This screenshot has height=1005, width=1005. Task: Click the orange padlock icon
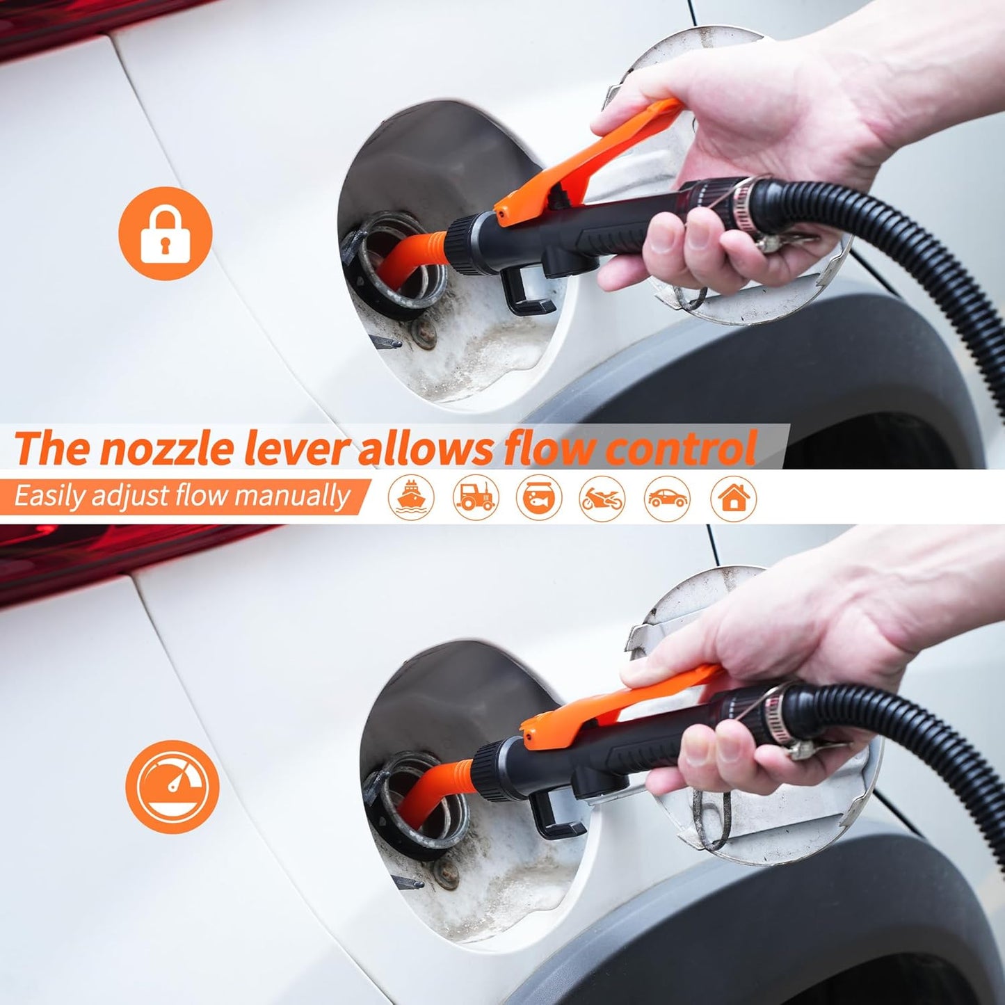(x=165, y=233)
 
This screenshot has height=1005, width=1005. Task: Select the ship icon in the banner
(x=411, y=497)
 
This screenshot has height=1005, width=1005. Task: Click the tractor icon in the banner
(x=475, y=497)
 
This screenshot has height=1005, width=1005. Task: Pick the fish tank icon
(x=539, y=497)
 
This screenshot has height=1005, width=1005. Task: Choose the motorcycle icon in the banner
(x=602, y=497)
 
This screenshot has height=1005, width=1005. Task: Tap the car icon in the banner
(x=667, y=497)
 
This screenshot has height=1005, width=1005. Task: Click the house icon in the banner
(x=733, y=497)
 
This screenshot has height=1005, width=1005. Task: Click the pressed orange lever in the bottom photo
(x=626, y=699)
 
